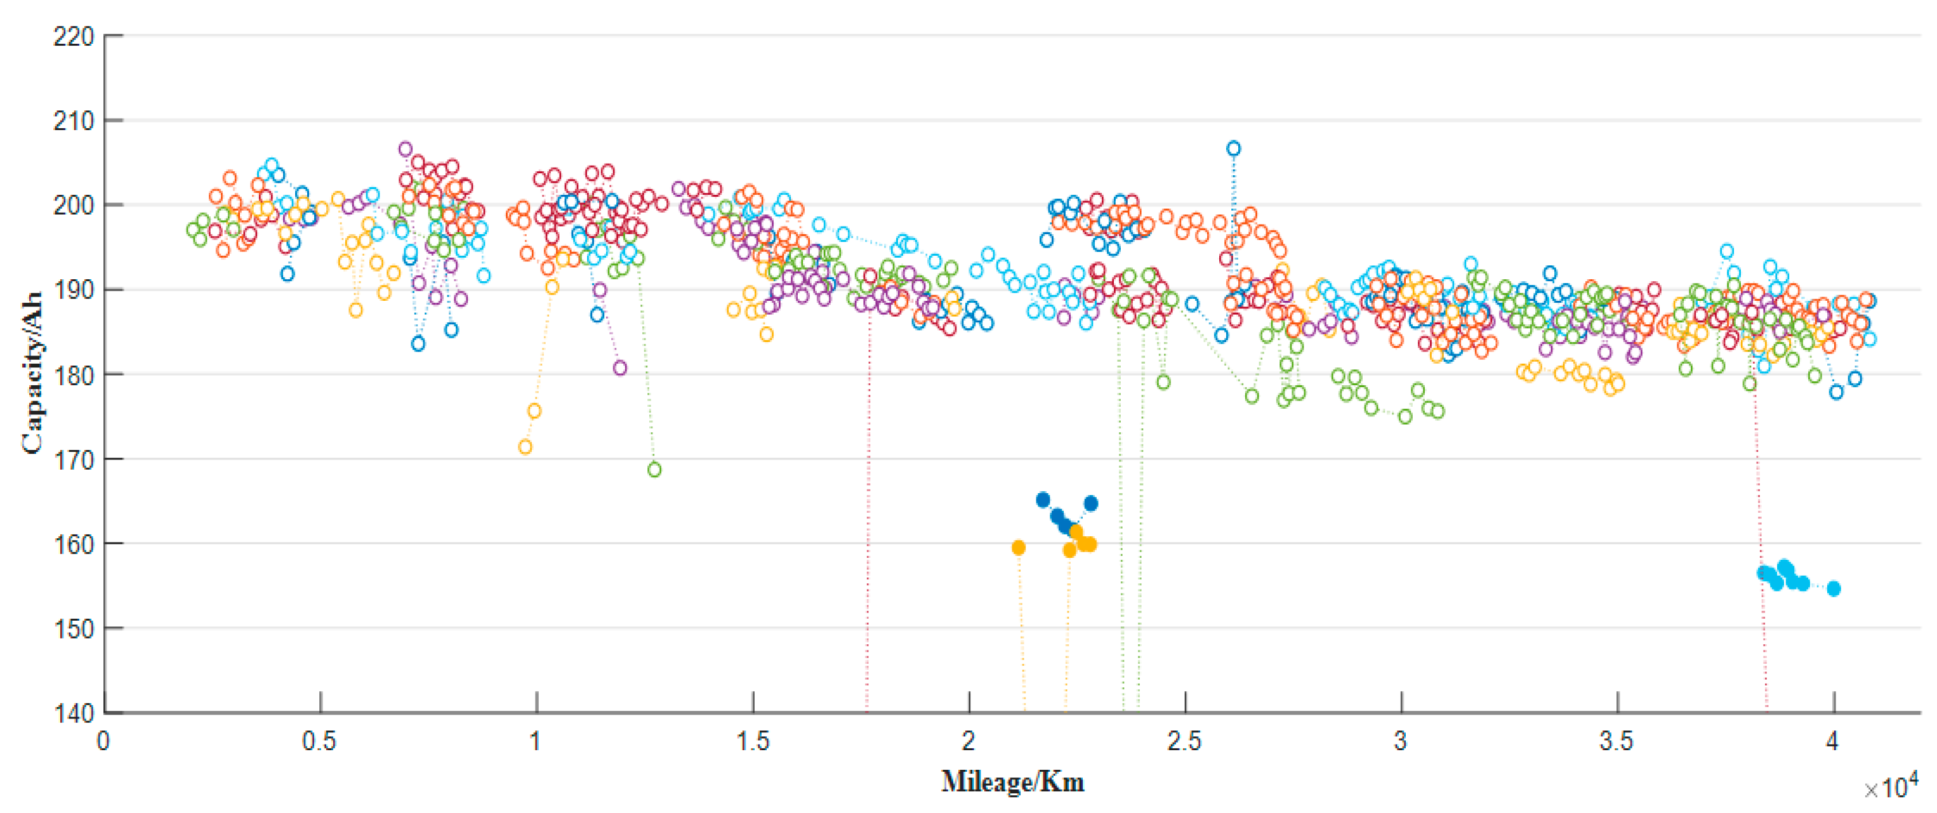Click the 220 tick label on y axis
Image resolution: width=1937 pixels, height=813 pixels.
[73, 36]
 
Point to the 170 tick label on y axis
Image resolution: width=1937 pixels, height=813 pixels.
[73, 459]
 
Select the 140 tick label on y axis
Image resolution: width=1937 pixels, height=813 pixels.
[73, 713]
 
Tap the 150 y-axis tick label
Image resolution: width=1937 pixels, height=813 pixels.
[73, 629]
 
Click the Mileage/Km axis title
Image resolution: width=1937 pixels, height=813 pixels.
[1012, 782]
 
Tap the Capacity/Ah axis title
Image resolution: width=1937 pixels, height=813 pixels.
[32, 374]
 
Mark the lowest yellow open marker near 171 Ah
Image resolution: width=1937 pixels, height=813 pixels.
[525, 447]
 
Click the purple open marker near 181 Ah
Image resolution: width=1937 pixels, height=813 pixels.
[619, 367]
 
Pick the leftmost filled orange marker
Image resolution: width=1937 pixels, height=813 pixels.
[1018, 548]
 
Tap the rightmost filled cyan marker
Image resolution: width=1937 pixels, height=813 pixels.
[1833, 589]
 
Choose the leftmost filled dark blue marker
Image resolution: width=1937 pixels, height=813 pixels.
[1042, 500]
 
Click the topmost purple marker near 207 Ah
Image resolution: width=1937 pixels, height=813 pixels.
[406, 149]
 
